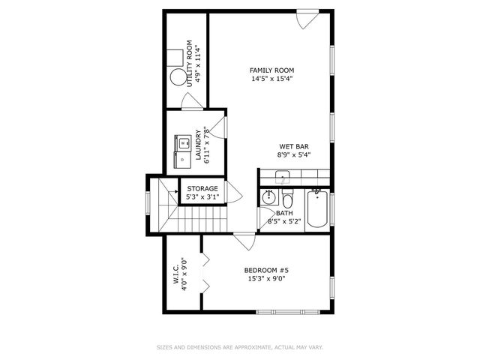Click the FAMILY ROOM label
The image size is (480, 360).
271,70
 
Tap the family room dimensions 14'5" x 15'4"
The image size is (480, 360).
272,79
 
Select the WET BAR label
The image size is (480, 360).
294,147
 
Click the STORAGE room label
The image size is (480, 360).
202,188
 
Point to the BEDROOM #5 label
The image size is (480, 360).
266,270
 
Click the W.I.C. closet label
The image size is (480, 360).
176,274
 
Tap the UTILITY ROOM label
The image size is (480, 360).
190,64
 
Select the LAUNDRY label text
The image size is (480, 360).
198,145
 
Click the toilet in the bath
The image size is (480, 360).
287,198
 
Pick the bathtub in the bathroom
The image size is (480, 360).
317,208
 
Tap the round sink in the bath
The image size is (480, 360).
269,197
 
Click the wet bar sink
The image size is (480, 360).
282,177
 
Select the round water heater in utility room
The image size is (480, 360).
178,76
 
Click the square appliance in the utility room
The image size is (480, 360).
175,58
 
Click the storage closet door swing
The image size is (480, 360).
234,192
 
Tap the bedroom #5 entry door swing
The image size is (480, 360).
244,241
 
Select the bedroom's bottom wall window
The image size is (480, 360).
288,312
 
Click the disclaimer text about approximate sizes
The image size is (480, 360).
240,347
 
